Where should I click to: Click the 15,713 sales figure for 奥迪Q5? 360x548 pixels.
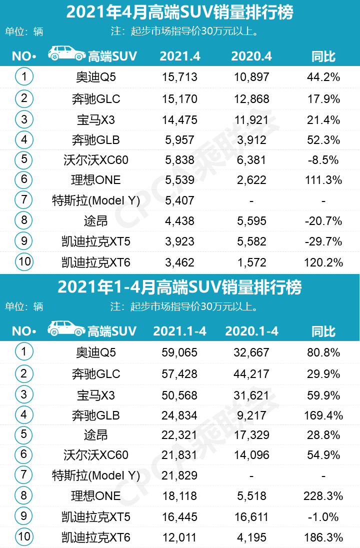tap(180, 77)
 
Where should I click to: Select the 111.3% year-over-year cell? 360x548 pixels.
tap(323, 180)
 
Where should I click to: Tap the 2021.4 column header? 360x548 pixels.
tap(180, 56)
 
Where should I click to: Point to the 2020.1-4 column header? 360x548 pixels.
tap(251, 331)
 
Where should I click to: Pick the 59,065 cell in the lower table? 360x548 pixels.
tap(180, 352)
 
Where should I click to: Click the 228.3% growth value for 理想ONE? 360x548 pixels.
tap(323, 495)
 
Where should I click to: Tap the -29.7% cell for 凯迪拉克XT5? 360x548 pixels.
tap(323, 241)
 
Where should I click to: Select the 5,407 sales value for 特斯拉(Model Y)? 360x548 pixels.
tap(180, 200)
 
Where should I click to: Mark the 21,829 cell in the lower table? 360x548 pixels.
tap(180, 475)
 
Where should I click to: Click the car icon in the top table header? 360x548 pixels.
tap(67, 54)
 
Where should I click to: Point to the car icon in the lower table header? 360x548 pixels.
tap(67, 329)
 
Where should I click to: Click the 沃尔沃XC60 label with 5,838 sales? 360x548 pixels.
tap(96, 159)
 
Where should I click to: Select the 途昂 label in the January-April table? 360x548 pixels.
tap(96, 434)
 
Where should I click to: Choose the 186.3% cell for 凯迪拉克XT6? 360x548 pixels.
tap(323, 537)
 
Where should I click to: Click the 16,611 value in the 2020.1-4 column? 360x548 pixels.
tap(251, 516)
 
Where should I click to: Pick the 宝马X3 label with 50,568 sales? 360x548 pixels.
tap(96, 395)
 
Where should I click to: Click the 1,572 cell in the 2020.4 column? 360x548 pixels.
tap(251, 262)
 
